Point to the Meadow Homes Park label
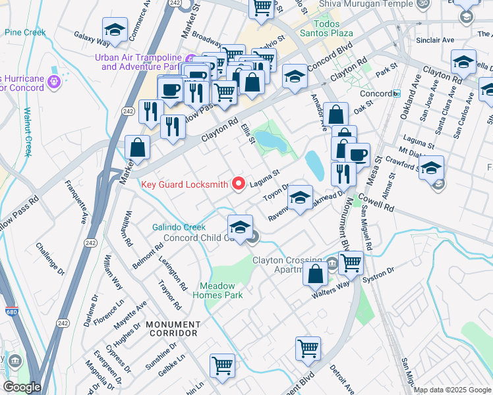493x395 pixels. [217, 290]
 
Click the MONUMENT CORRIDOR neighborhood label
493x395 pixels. [173, 329]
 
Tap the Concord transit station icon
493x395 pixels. [397, 93]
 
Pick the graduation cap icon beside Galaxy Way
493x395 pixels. [115, 30]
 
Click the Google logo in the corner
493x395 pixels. [22, 387]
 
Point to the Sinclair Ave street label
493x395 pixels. [435, 40]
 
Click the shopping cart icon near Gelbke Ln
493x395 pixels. [222, 365]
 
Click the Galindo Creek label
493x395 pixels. [179, 227]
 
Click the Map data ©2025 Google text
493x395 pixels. [452, 390]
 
